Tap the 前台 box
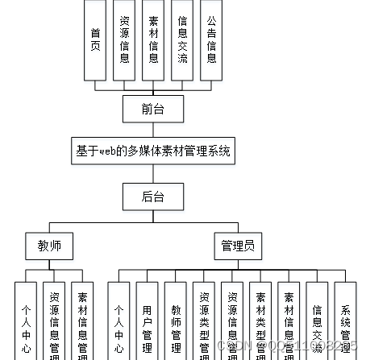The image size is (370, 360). [152, 107]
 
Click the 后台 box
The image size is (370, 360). [152, 196]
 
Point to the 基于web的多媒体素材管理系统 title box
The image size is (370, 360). [153, 151]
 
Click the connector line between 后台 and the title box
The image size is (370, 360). [152, 174]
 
